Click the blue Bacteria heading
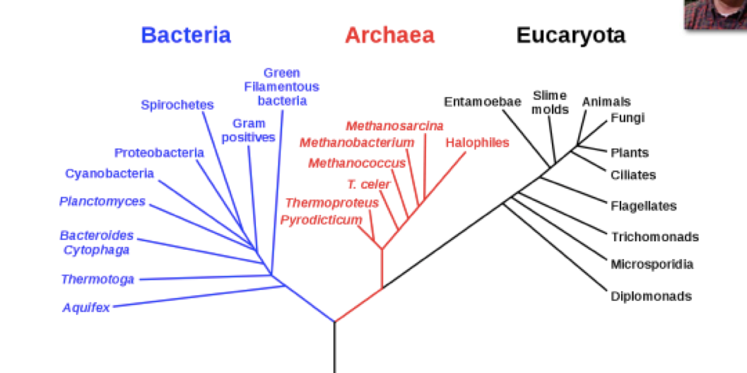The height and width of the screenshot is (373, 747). click(x=186, y=35)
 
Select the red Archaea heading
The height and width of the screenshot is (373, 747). click(x=389, y=35)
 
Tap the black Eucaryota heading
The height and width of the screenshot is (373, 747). click(x=570, y=35)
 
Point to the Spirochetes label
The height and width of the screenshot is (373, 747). click(x=177, y=105)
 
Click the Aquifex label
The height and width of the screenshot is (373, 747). click(x=86, y=307)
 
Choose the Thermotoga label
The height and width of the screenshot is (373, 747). click(x=98, y=279)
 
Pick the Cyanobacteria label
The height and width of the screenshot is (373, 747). click(x=110, y=173)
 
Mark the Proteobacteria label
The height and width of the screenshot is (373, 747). click(x=159, y=152)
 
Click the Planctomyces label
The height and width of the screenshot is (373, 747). click(x=102, y=201)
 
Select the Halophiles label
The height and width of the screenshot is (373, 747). click(x=477, y=142)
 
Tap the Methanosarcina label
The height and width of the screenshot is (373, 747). click(x=394, y=126)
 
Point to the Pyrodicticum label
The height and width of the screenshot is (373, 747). click(x=321, y=219)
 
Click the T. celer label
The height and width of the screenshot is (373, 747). click(x=368, y=184)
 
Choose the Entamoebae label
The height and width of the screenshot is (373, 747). click(x=482, y=102)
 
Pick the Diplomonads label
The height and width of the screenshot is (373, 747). click(x=651, y=296)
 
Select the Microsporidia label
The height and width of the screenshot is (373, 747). click(x=652, y=264)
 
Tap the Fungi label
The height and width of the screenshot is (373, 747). click(x=628, y=117)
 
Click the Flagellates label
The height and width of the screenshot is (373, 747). click(x=643, y=206)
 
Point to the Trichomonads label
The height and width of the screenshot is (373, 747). click(x=654, y=236)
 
